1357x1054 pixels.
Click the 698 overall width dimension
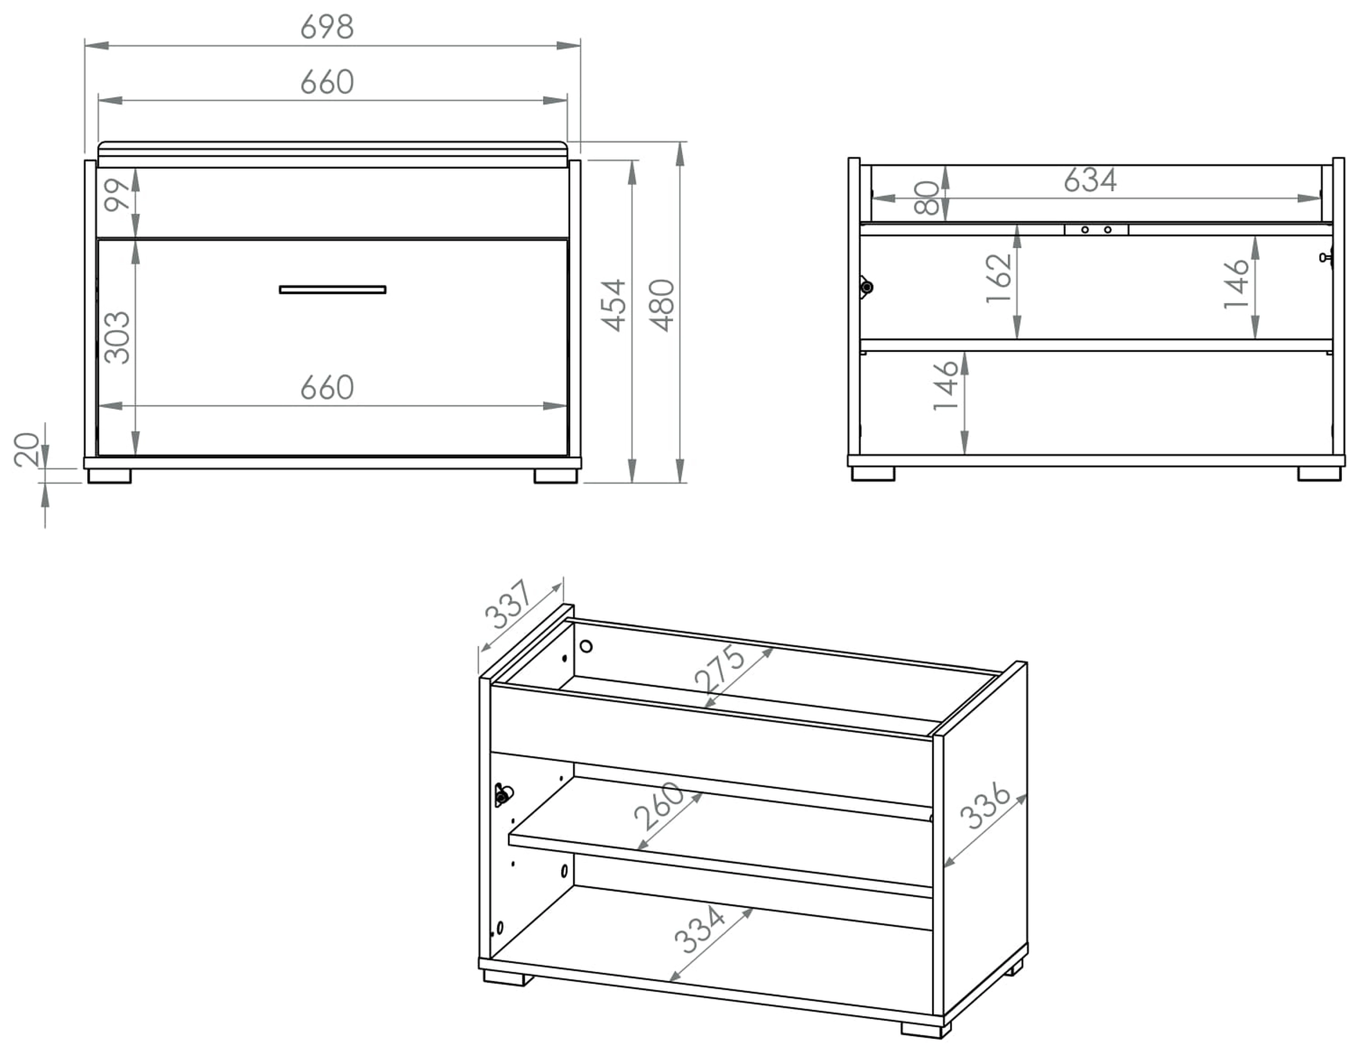pyautogui.click(x=327, y=27)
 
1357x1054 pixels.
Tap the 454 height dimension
pyautogui.click(x=614, y=305)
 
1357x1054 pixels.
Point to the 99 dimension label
pyautogui.click(x=117, y=195)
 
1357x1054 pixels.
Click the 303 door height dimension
pyautogui.click(x=117, y=337)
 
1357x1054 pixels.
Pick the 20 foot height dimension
pyautogui.click(x=27, y=450)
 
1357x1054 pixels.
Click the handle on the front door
pyautogui.click(x=332, y=290)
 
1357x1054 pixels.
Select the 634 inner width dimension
pyautogui.click(x=1090, y=180)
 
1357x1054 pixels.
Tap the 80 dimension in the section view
pyautogui.click(x=926, y=198)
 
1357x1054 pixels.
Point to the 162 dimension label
pyautogui.click(x=999, y=278)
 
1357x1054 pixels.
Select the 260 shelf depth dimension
pyautogui.click(x=659, y=807)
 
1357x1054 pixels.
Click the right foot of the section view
pyautogui.click(x=1319, y=474)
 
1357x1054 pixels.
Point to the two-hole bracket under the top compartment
pyautogui.click(x=1096, y=230)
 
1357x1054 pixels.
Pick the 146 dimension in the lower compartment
pyautogui.click(x=946, y=385)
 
